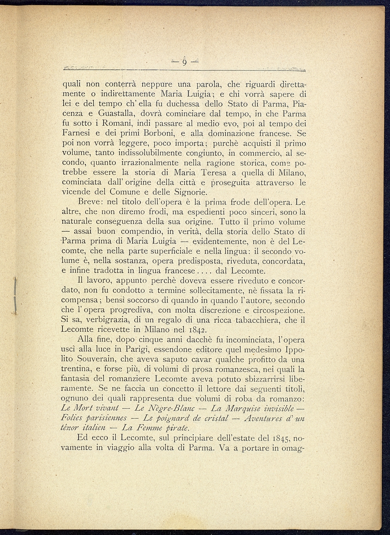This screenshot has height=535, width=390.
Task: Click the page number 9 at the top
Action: pos(184,63)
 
